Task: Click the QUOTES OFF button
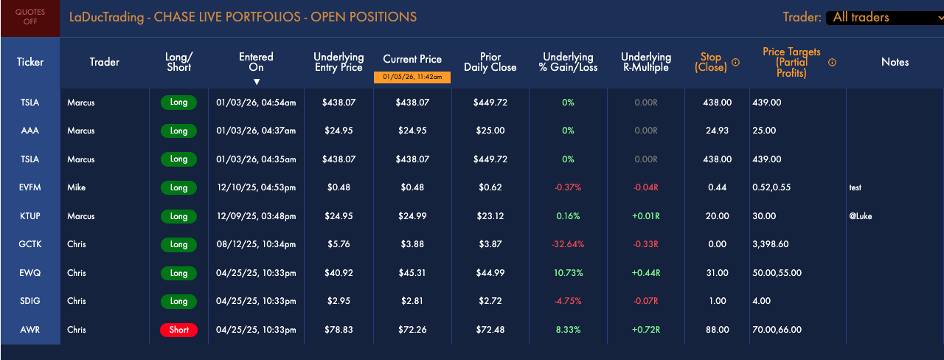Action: (30, 18)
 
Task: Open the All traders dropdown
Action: (885, 18)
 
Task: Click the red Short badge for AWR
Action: (178, 330)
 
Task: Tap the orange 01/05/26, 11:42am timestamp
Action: (412, 77)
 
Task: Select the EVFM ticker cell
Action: (30, 187)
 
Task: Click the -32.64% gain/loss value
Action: (568, 244)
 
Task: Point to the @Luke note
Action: (860, 216)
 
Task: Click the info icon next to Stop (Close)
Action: (735, 63)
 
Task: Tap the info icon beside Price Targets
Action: (832, 63)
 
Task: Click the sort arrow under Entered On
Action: (256, 82)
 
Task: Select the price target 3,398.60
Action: (771, 244)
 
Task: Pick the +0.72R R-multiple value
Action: (645, 330)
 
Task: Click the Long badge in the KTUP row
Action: (178, 216)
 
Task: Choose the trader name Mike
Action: (76, 187)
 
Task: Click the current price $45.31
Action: (412, 273)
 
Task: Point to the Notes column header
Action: (895, 62)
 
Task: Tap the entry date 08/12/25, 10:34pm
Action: (256, 244)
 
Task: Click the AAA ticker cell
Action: (30, 131)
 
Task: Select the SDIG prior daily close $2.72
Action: (490, 301)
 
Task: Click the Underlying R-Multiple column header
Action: (645, 62)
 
